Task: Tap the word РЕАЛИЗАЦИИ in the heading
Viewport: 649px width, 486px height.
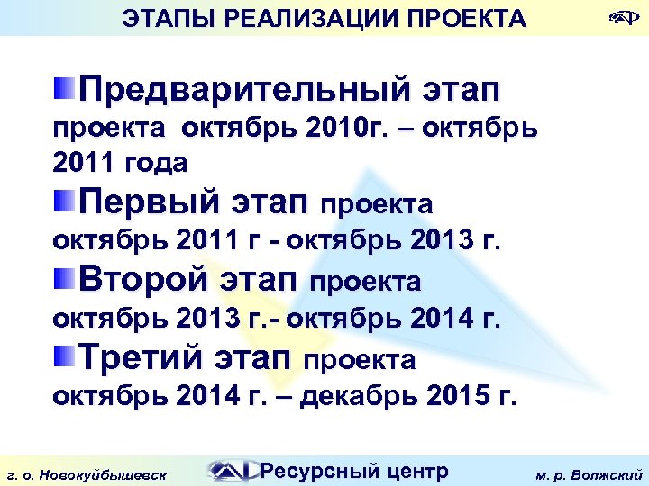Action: click(x=290, y=17)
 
